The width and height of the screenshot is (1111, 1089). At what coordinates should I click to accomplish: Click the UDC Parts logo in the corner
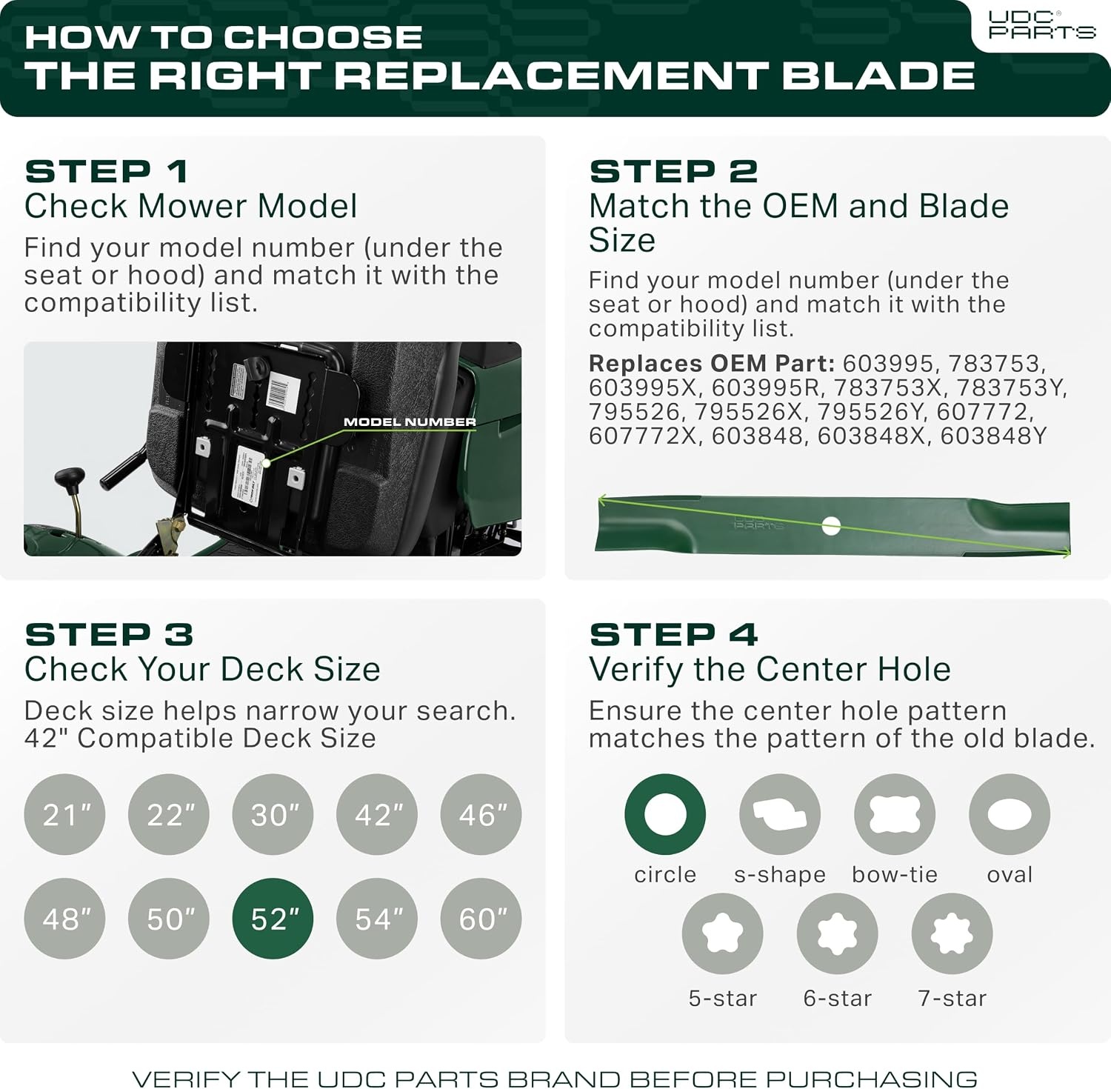(1041, 24)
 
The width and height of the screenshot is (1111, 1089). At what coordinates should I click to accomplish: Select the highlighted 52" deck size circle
(273, 919)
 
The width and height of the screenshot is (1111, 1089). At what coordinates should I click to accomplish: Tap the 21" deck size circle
(64, 815)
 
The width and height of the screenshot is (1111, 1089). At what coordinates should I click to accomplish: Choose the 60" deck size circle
(481, 919)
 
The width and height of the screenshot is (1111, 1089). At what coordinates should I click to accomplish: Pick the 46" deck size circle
(481, 815)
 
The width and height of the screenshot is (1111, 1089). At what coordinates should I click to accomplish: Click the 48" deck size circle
(64, 919)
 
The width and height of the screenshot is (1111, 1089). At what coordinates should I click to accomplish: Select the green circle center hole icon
(665, 814)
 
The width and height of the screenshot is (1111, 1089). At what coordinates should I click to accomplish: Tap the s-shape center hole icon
(780, 814)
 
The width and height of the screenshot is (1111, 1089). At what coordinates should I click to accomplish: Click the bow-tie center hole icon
(895, 814)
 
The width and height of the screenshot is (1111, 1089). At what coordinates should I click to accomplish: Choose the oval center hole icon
(1010, 814)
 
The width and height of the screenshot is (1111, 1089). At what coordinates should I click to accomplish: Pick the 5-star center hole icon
(722, 933)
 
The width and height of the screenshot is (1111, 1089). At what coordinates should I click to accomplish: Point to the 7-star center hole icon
(952, 933)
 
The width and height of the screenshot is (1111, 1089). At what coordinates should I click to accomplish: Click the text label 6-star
(837, 999)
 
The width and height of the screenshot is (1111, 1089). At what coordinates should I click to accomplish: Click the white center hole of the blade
(831, 526)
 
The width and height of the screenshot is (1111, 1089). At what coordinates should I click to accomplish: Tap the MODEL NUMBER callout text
(410, 422)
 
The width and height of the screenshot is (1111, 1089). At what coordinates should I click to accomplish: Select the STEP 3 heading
(109, 635)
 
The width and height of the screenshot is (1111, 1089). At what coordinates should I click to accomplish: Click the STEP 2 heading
(673, 172)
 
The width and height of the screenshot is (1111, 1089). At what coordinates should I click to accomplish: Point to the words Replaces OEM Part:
(712, 364)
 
